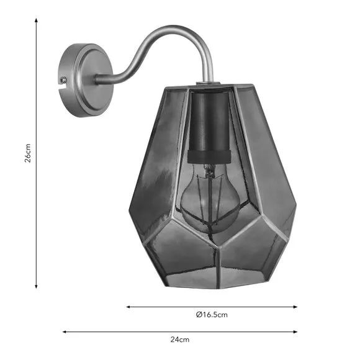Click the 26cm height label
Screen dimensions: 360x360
(x=28, y=153)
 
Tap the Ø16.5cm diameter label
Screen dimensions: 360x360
(x=212, y=315)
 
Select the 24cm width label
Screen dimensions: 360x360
(x=180, y=340)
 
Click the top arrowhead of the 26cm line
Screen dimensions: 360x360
(x=36, y=20)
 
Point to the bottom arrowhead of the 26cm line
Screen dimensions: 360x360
(x=36, y=286)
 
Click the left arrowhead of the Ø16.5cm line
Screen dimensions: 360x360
(x=128, y=307)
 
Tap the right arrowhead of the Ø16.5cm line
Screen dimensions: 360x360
(x=295, y=307)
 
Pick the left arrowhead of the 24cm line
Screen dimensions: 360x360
(x=65, y=332)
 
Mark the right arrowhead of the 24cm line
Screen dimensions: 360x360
(x=295, y=332)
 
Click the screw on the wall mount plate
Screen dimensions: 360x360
(x=63, y=79)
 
